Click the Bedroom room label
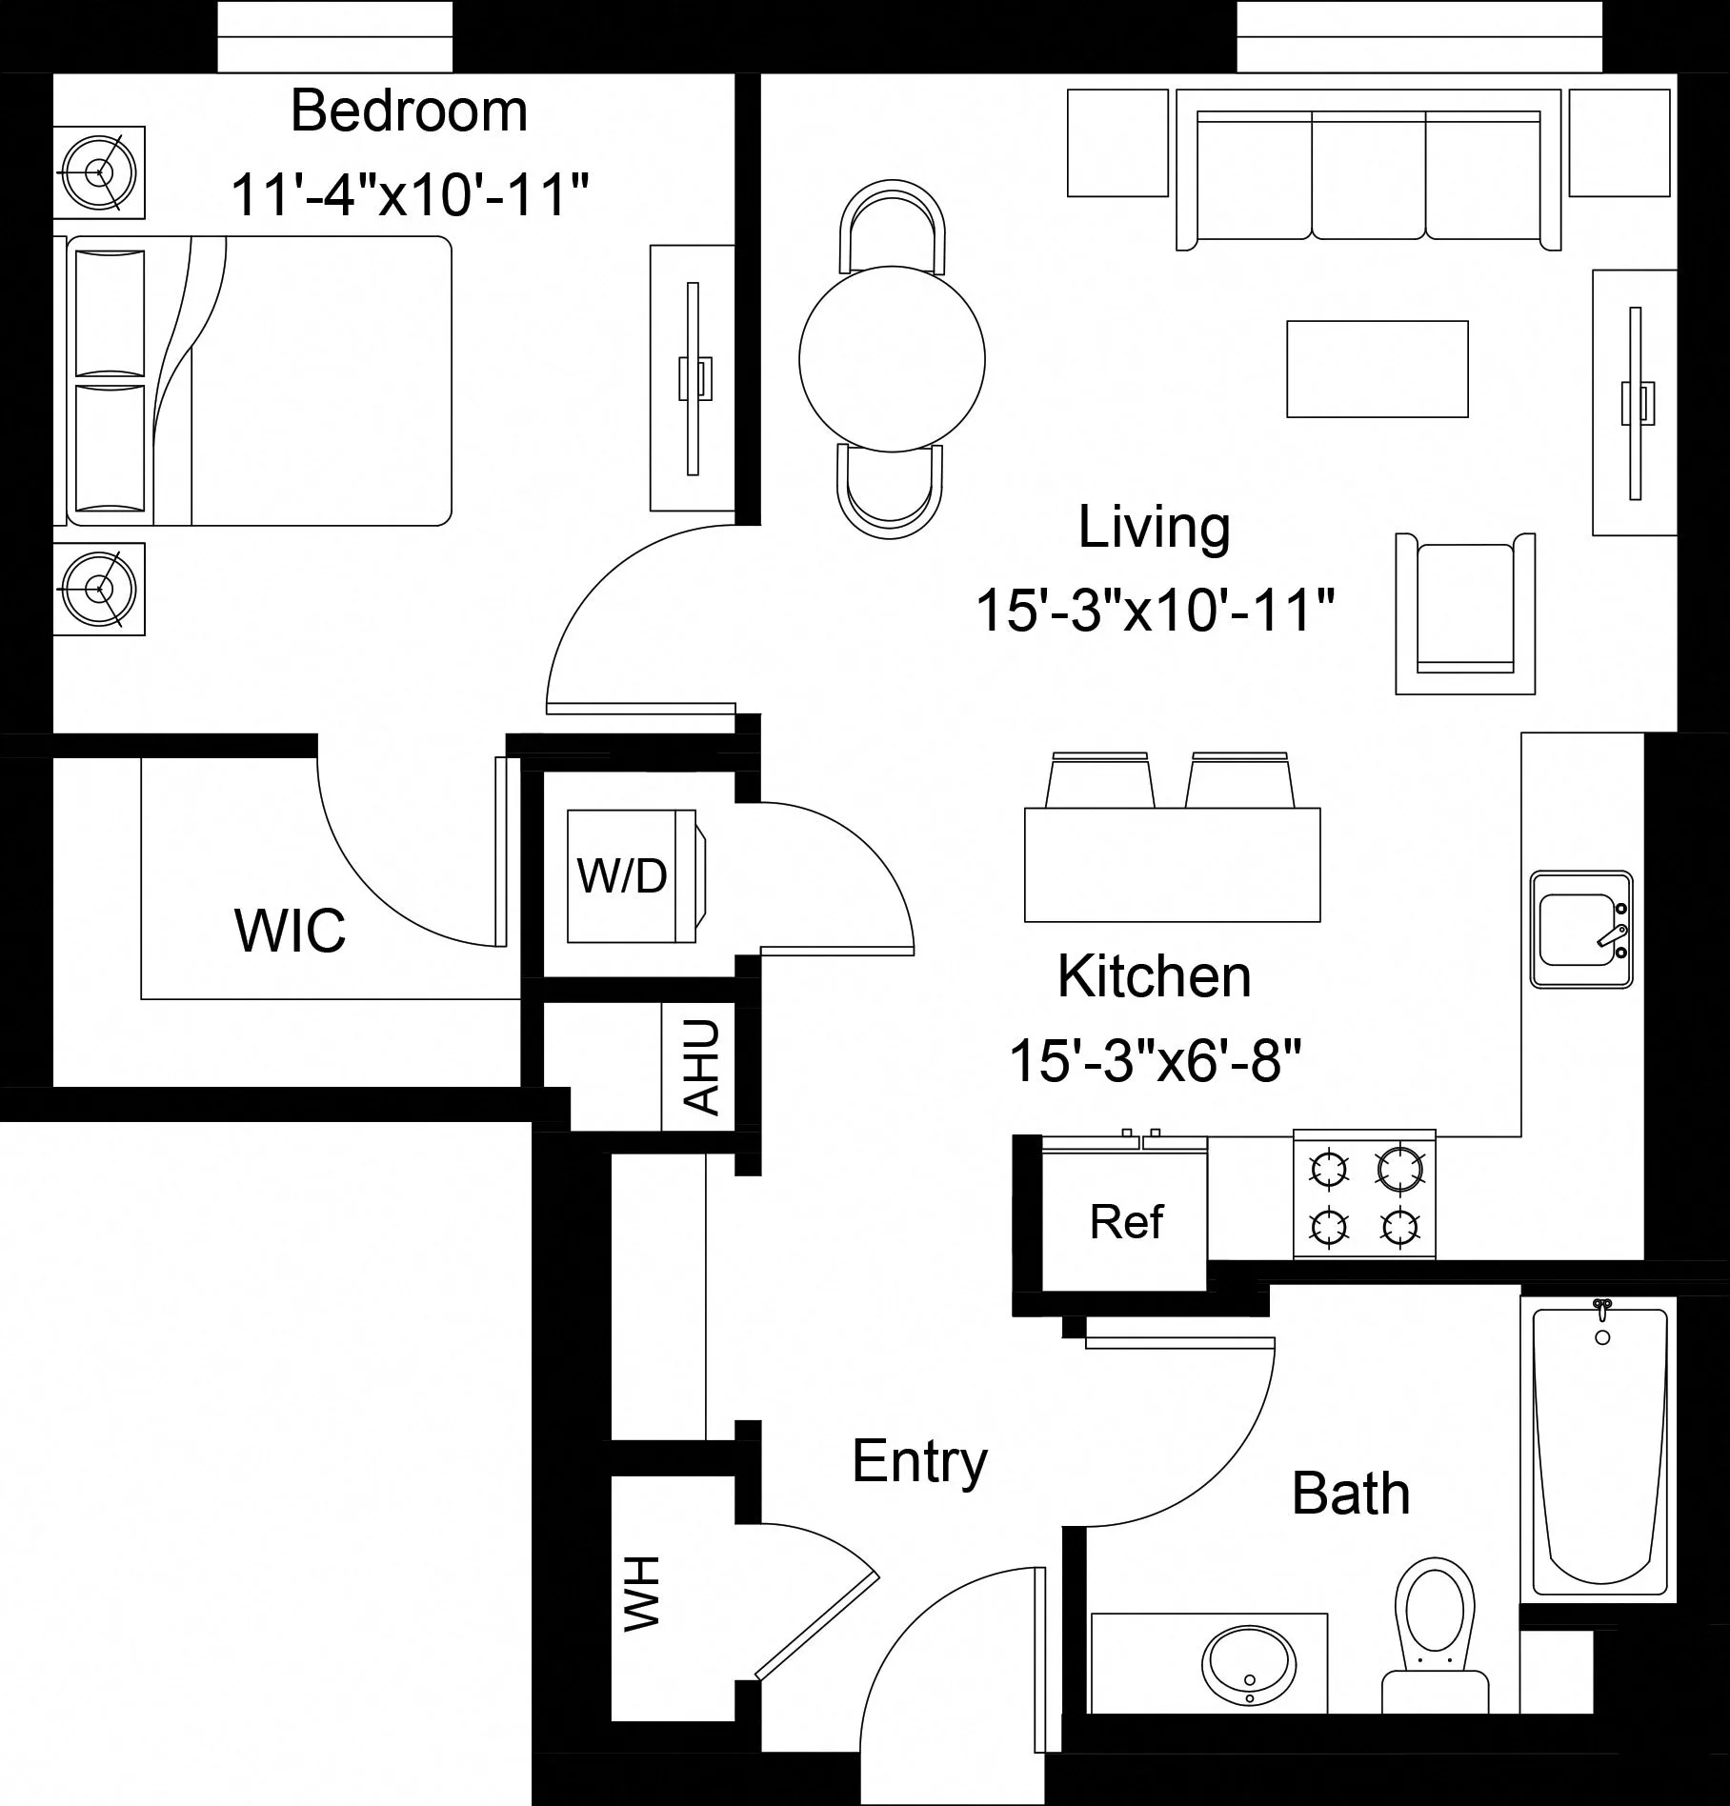click(409, 111)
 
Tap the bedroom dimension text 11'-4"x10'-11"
click(409, 194)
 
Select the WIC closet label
click(290, 931)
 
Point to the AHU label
click(703, 1067)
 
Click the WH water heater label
click(642, 1594)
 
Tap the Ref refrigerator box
click(1125, 1222)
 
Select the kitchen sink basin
click(1579, 929)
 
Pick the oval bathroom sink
click(1248, 1666)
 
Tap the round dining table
click(892, 359)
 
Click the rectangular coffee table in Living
click(1377, 369)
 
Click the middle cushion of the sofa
click(1368, 176)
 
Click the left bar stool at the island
click(1100, 781)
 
